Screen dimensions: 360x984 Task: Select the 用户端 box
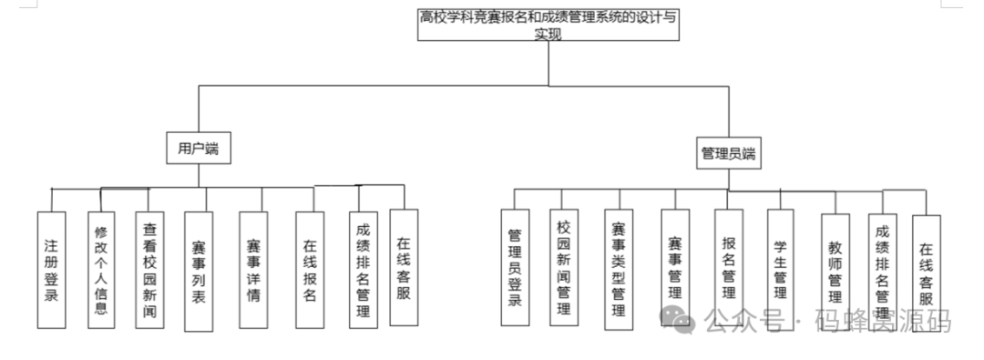(199, 149)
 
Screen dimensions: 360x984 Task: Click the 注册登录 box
(52, 270)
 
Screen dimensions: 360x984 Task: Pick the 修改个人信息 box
(102, 270)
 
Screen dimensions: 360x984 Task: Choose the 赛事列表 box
(199, 271)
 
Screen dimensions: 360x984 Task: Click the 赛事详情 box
(253, 271)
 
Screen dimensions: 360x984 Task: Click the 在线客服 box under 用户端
(404, 267)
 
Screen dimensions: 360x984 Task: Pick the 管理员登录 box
(515, 268)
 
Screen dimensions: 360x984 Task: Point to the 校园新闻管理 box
(564, 267)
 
